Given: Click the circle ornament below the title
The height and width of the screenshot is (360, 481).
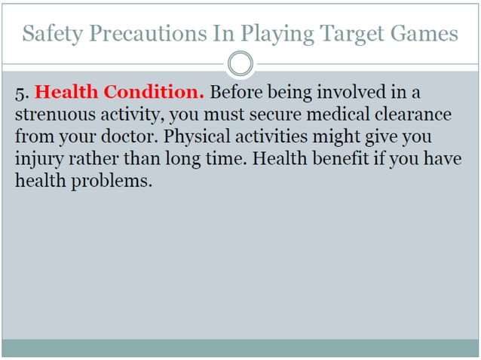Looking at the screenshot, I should click(x=240, y=63).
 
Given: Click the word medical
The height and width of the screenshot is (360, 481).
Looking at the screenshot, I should click(x=352, y=115).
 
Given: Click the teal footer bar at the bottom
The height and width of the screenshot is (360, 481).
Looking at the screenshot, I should click(x=240, y=348).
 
